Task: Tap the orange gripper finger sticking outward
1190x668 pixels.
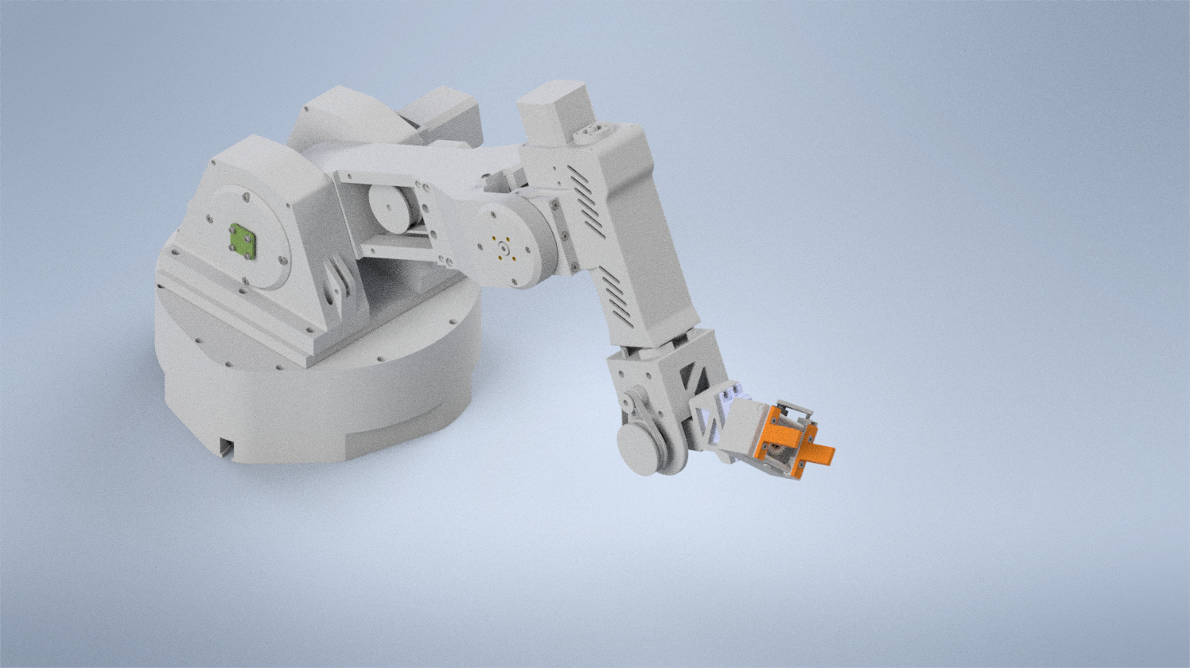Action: click(819, 454)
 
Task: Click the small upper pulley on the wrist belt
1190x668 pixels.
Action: click(635, 401)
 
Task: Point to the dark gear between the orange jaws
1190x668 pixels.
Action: click(775, 455)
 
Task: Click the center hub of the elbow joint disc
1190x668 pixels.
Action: click(504, 248)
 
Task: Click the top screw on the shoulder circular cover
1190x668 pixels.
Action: click(247, 196)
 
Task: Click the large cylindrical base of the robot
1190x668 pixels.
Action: click(318, 406)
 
